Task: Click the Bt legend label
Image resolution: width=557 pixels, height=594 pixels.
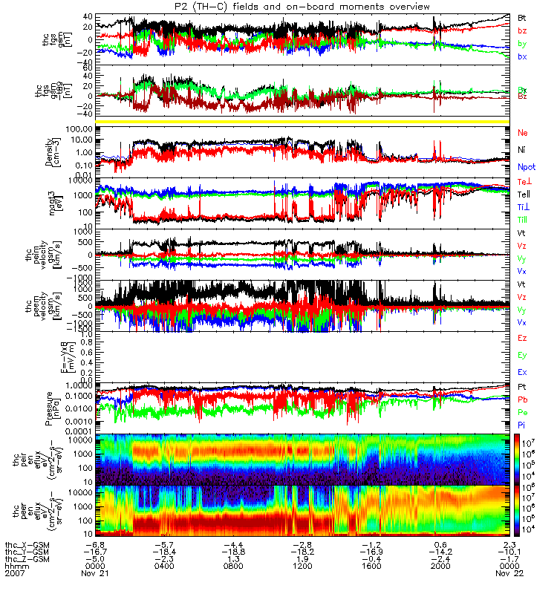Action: point(522,16)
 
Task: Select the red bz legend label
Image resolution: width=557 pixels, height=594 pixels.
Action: point(522,30)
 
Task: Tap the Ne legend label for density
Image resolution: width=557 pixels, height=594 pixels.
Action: point(522,132)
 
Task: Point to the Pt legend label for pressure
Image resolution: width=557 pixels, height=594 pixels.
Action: point(522,388)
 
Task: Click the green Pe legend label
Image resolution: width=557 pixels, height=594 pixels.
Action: point(522,411)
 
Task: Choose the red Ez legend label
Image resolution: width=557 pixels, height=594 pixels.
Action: point(522,338)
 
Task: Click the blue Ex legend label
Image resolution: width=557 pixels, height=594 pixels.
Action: point(522,371)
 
